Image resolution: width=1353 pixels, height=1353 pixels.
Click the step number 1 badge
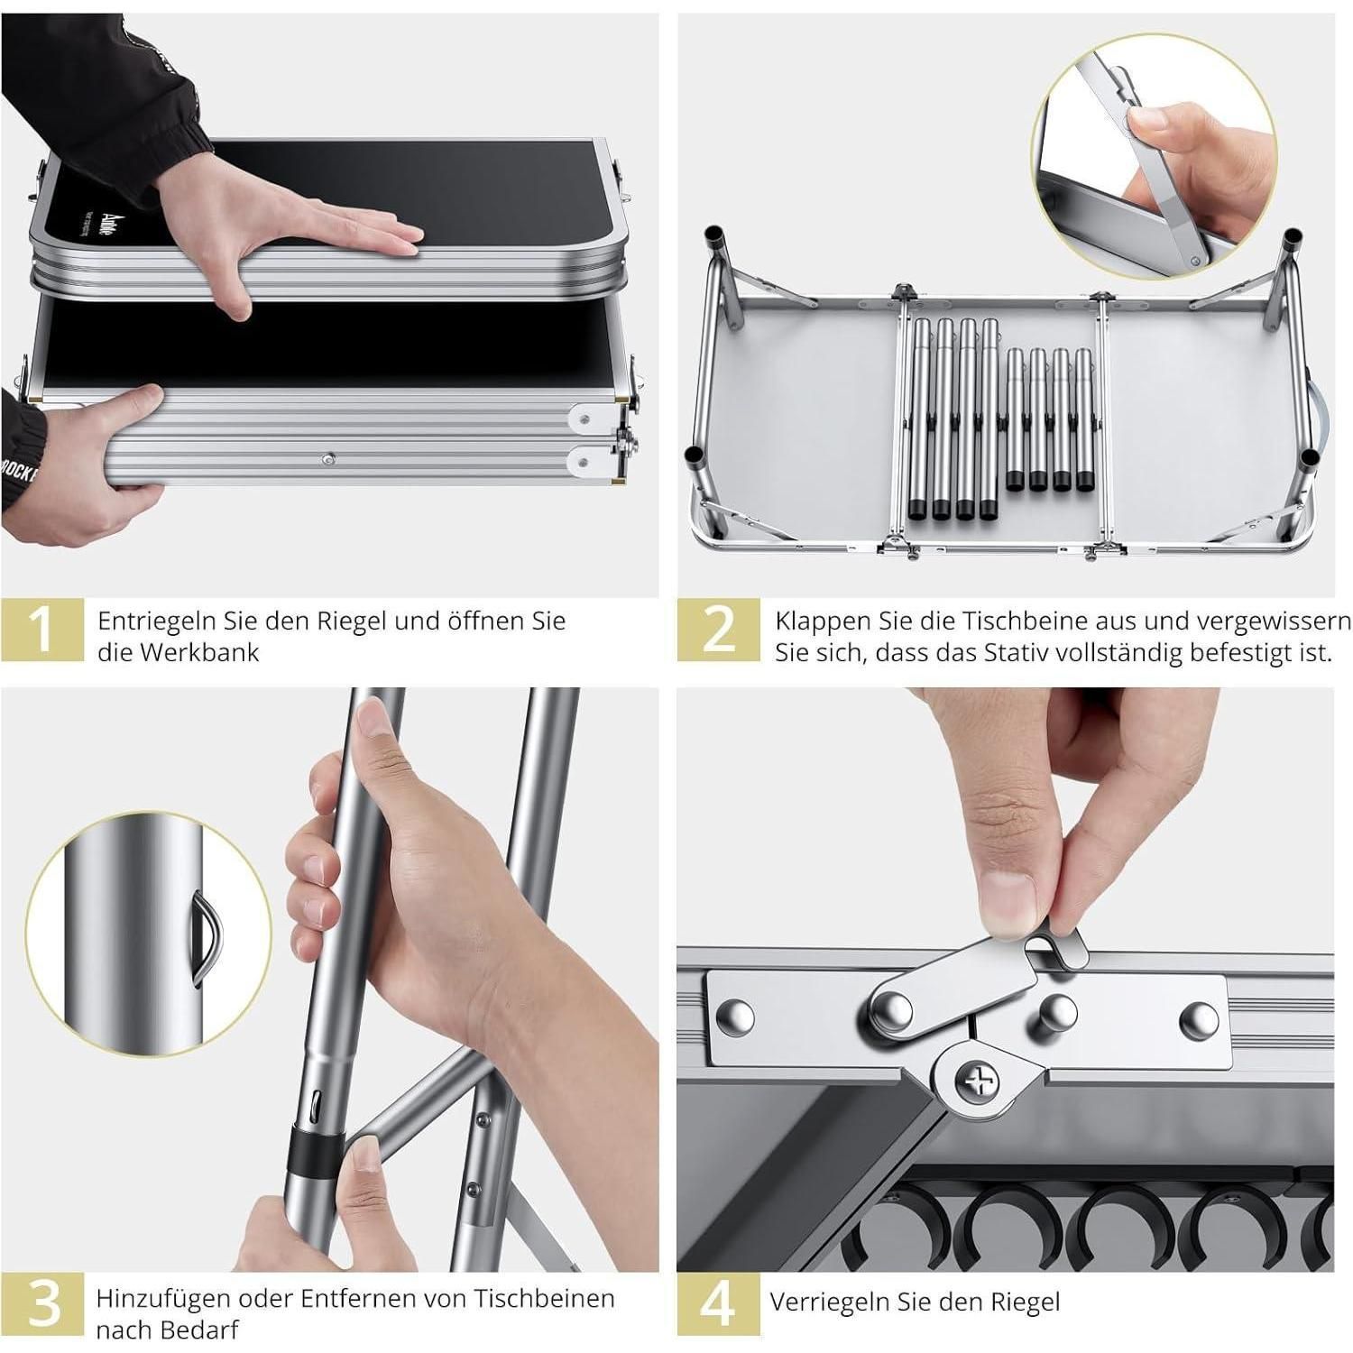coord(42,629)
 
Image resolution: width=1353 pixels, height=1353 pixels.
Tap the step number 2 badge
coord(719,629)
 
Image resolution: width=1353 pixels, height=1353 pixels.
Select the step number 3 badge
coord(42,1302)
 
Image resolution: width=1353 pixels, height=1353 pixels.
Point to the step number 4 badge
coord(719,1302)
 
